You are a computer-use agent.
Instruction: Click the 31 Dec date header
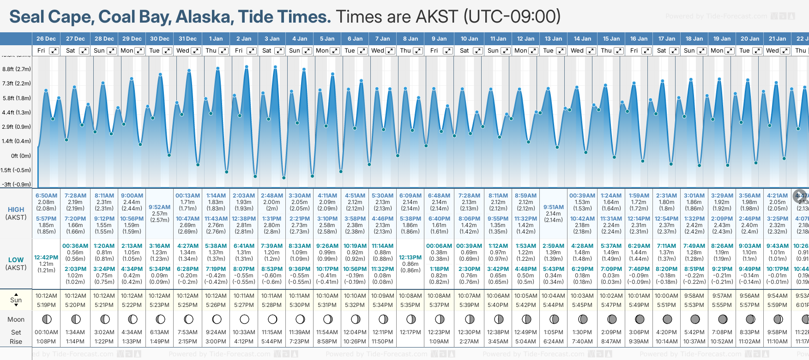(187, 39)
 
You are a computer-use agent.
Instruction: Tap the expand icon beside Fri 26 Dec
(54, 51)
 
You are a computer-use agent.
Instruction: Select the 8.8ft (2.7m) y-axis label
(17, 69)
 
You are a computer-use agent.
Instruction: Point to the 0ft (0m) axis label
(21, 156)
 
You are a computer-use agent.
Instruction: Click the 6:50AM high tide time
(46, 196)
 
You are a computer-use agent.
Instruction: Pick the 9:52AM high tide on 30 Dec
(159, 207)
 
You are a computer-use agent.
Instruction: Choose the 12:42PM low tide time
(46, 258)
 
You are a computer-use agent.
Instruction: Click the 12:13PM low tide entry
(410, 258)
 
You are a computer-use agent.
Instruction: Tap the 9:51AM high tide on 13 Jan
(553, 207)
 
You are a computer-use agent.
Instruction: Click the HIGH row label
(16, 210)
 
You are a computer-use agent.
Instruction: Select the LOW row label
(16, 260)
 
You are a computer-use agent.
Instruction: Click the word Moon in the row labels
(16, 319)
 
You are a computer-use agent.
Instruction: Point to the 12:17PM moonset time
(410, 332)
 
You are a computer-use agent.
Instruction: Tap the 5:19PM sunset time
(46, 305)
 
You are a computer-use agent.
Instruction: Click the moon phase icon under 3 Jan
(272, 319)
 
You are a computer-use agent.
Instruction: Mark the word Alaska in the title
(205, 17)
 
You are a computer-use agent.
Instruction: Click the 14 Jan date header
(583, 39)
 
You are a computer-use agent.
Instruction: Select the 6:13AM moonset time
(159, 332)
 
